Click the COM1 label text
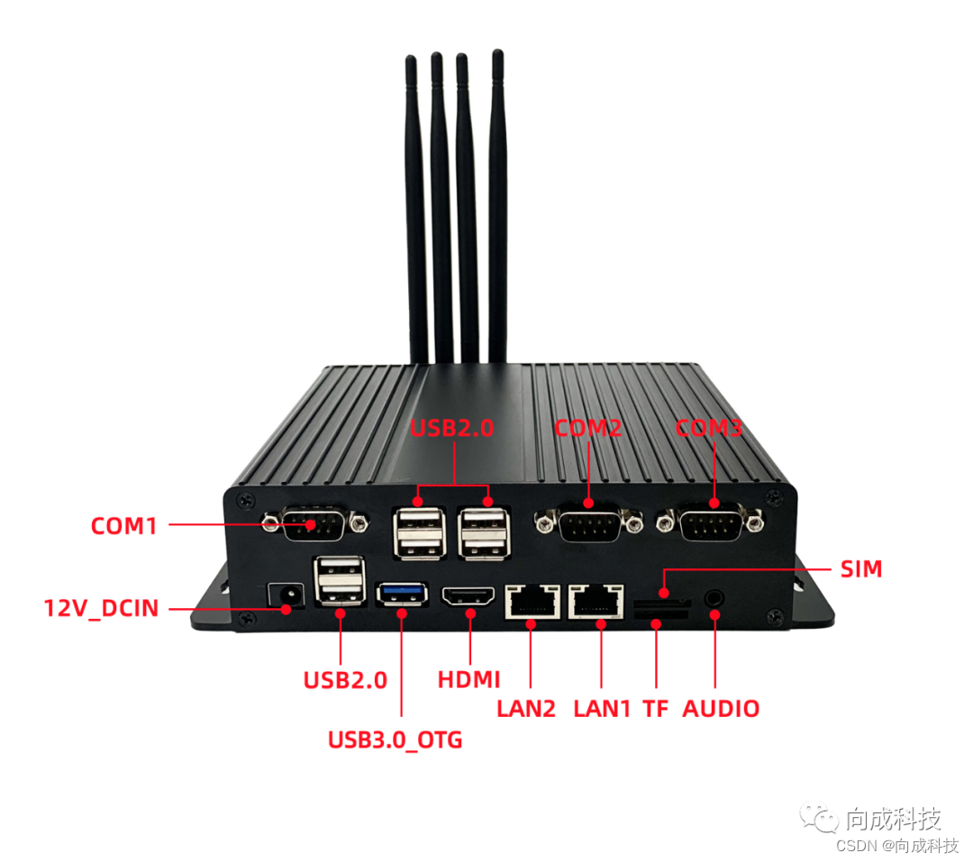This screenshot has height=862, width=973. coord(124,525)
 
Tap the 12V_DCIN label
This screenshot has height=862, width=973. coord(101,608)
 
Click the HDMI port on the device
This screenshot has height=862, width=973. coord(468,595)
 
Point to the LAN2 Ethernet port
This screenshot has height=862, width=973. coord(532,600)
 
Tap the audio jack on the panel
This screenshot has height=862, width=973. coord(714,595)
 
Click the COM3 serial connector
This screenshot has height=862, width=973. coord(711,522)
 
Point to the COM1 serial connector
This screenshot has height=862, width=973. coord(314,522)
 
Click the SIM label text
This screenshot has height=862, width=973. coord(861,569)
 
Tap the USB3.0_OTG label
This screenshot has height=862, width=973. coord(395,740)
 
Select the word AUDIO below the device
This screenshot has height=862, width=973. coord(721,709)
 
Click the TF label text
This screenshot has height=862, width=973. coord(655,709)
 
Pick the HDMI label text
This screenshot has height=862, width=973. coord(468,679)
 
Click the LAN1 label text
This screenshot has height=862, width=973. coord(602,709)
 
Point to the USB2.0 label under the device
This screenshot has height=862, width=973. coord(345,679)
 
